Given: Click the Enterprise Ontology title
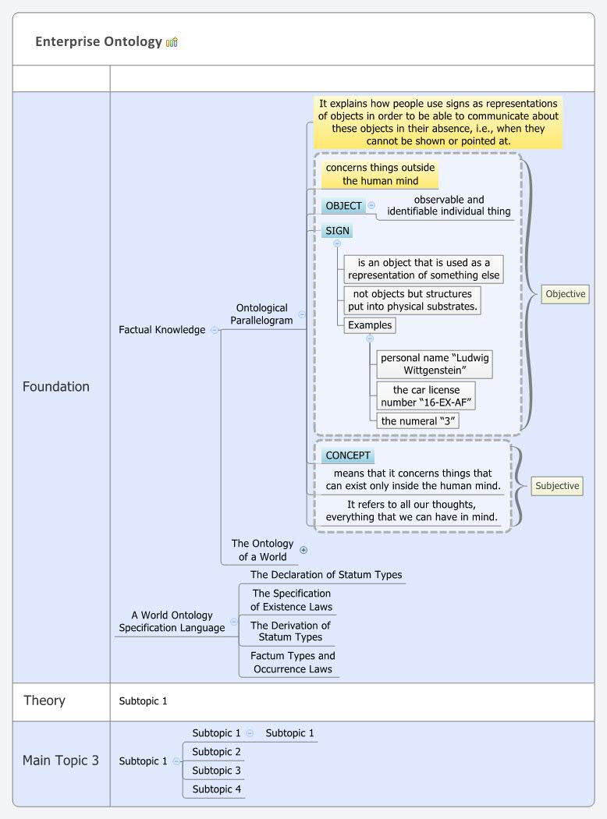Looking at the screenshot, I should pos(98,42).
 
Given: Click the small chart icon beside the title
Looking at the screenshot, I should pos(172,42).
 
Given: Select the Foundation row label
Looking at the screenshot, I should pos(55,386).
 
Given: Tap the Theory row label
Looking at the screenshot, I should pos(44,700).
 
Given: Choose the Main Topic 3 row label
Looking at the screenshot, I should pos(60,760).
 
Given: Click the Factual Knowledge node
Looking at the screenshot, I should pos(162,330).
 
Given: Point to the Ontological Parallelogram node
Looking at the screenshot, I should pos(261,314).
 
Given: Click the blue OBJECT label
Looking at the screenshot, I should pos(343,206).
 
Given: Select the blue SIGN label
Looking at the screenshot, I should pos(337,231).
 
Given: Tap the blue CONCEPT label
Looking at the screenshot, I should pos(349,456).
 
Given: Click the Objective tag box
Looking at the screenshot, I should pos(565,294).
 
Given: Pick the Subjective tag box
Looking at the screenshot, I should pos(557,486).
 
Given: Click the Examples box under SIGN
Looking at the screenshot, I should pos(370,325).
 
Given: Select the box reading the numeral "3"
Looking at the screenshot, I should pos(418,421).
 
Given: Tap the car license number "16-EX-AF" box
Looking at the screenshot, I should pos(425,396).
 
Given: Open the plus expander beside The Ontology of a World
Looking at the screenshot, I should pos(303,550).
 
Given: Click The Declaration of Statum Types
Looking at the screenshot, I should pos(326,575).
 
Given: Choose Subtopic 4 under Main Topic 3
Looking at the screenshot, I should pos(217,789).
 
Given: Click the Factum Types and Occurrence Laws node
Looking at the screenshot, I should pos(293,662).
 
